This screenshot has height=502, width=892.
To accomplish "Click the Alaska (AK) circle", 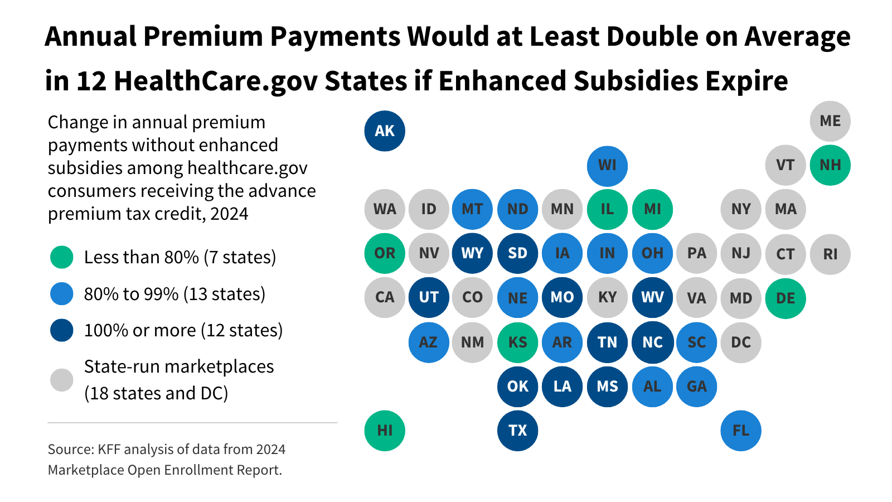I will click(x=385, y=131).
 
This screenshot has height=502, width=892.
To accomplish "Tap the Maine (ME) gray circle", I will click(x=830, y=121).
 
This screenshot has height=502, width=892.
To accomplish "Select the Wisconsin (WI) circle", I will click(x=607, y=166).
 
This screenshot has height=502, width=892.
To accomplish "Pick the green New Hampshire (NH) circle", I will click(x=830, y=165).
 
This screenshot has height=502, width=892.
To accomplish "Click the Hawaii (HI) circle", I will click(x=385, y=430).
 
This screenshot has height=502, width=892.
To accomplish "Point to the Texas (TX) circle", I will click(x=517, y=430).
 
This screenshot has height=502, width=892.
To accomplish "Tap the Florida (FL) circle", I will click(x=741, y=430).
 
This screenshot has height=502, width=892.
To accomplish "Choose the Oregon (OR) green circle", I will click(x=385, y=253).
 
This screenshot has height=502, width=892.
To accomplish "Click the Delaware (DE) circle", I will click(x=786, y=298).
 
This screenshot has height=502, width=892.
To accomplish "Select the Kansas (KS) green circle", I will click(x=517, y=342).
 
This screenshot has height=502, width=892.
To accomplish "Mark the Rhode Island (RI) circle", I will click(x=830, y=254).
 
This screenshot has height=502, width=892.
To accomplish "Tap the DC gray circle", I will click(x=741, y=342).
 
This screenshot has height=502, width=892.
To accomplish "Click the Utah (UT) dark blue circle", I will click(x=429, y=297).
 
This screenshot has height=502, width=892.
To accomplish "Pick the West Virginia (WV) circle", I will click(x=652, y=297).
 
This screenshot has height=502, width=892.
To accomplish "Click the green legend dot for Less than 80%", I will click(x=62, y=257).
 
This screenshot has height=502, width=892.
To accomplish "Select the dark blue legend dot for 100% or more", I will click(x=62, y=330).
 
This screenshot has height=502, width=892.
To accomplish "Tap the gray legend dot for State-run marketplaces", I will click(x=62, y=380).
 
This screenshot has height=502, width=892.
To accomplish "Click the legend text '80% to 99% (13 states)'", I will click(x=174, y=294).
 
